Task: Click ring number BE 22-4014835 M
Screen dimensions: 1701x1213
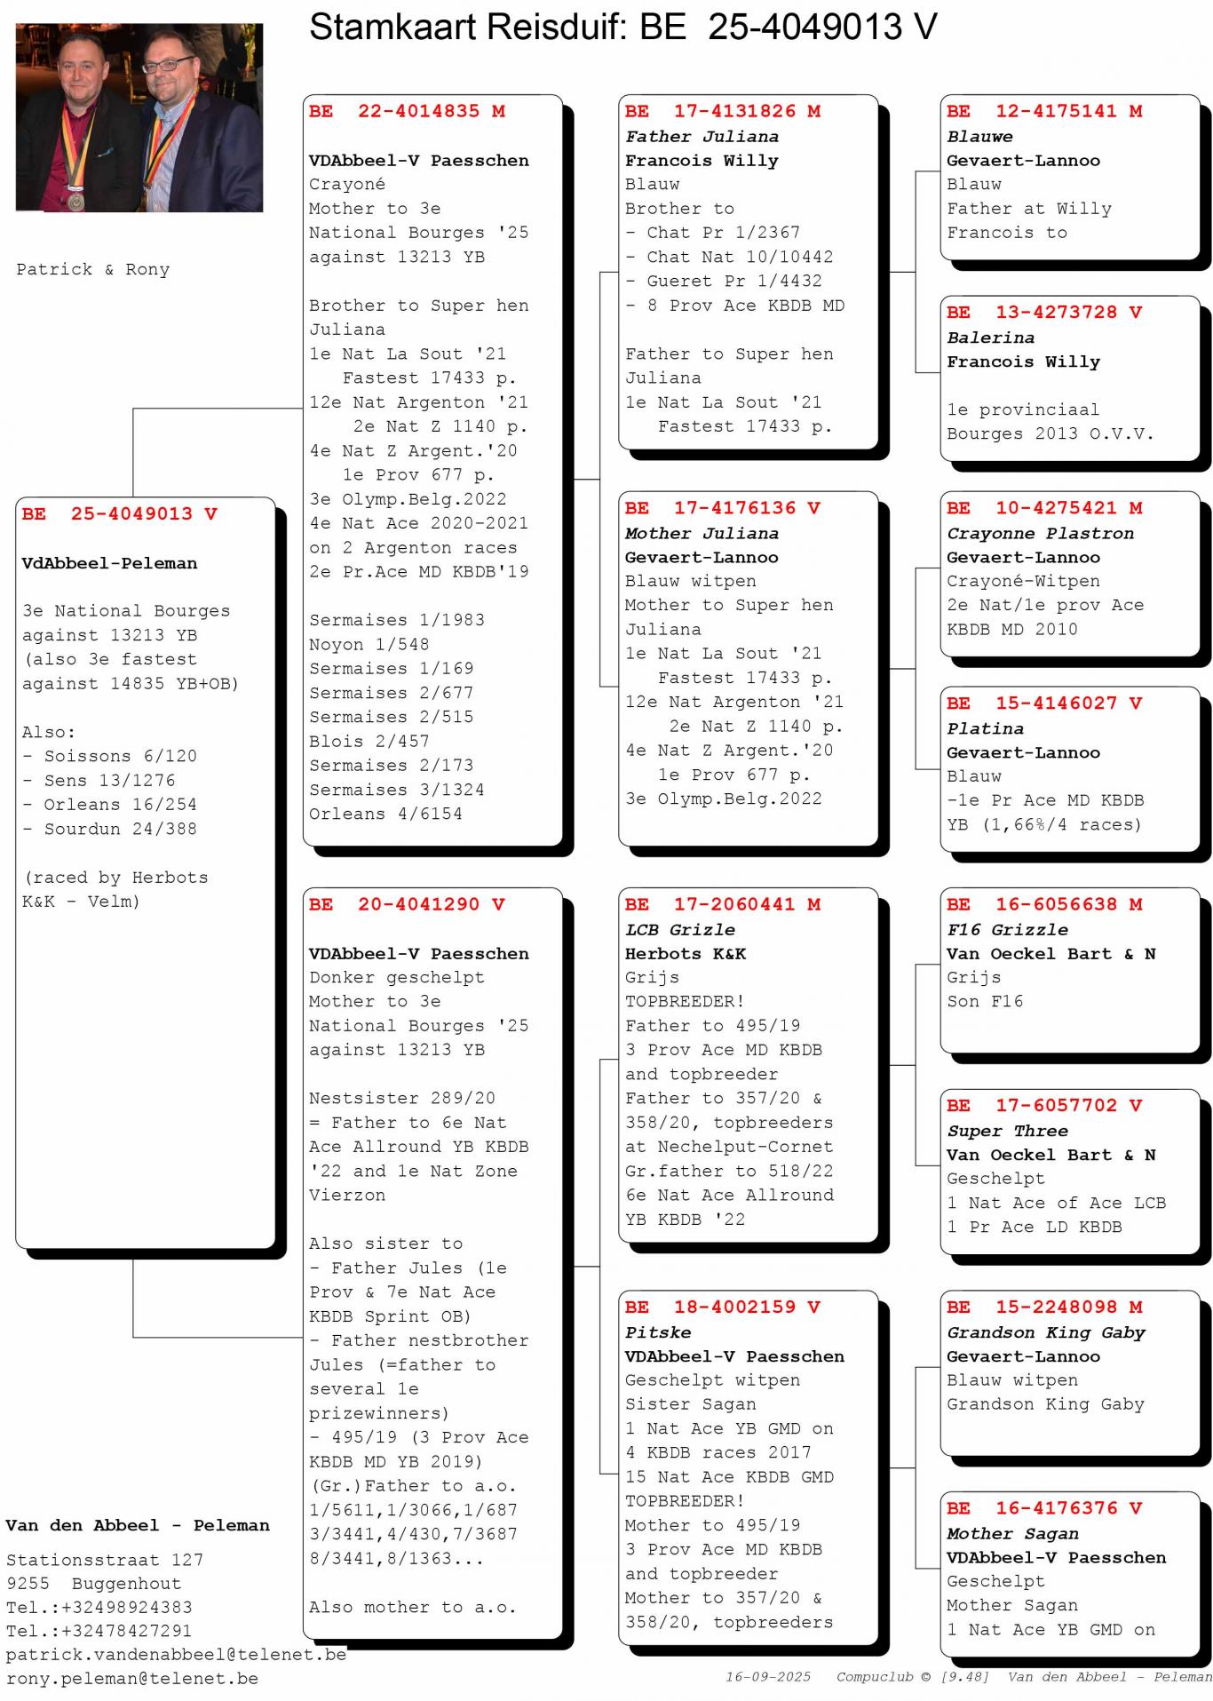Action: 407,112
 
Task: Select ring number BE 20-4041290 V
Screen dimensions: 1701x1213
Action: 407,905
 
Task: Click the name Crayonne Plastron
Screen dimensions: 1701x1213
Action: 1040,534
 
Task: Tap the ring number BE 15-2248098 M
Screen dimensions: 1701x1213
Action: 1044,1308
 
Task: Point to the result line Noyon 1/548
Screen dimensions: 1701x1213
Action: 369,645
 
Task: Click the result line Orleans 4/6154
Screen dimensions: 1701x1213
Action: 385,815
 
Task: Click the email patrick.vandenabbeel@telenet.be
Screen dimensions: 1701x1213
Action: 176,1655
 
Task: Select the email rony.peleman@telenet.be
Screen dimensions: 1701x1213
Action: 132,1679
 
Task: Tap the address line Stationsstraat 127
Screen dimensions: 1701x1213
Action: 105,1560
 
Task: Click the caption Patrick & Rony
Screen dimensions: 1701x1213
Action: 93,270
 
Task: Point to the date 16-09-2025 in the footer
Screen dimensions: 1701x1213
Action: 768,1677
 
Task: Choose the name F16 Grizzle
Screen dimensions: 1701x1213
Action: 1007,930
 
